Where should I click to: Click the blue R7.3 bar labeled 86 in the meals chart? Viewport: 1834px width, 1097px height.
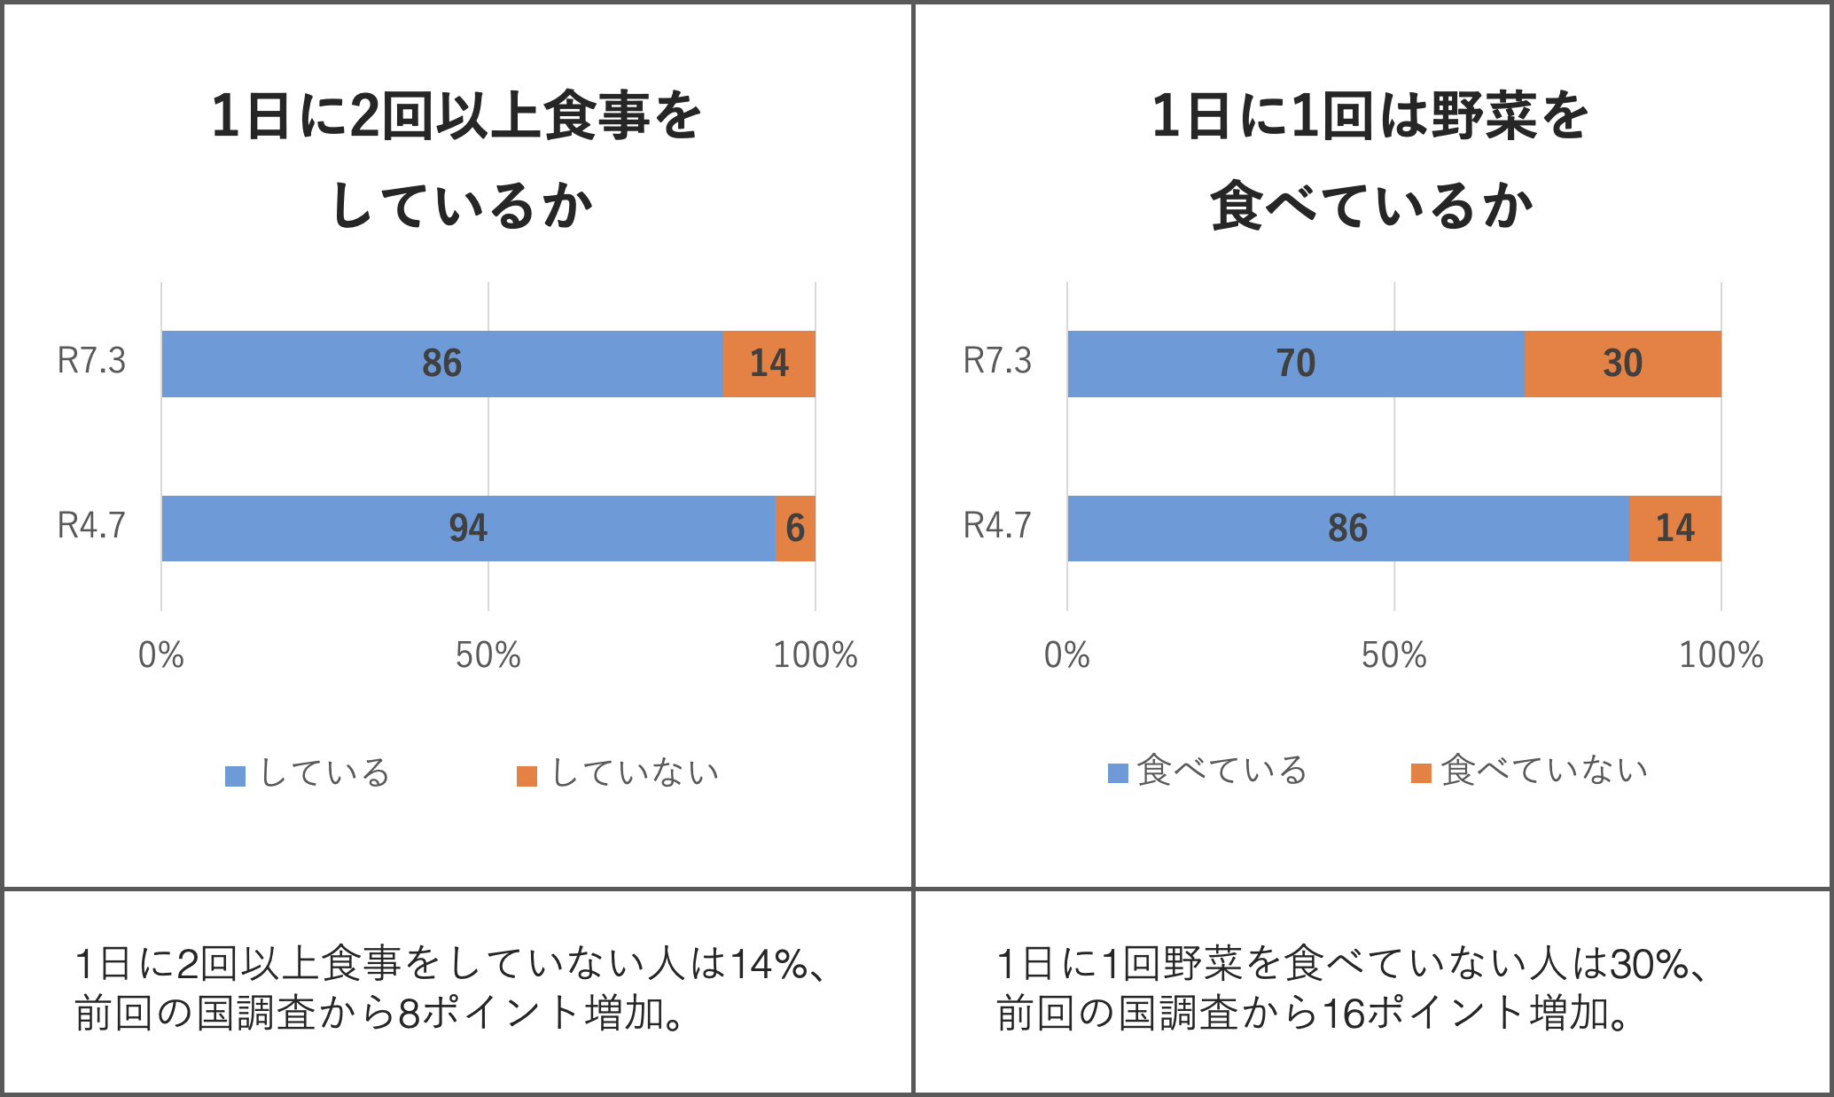coord(441,364)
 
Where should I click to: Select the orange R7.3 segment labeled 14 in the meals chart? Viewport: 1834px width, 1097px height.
coord(769,364)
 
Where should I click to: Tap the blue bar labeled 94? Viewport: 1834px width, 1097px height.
coord(468,529)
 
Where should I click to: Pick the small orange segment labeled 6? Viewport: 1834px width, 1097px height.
coord(795,529)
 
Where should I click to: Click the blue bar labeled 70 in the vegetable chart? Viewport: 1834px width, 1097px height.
coord(1295,364)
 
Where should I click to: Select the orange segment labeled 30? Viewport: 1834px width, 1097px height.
coord(1622,364)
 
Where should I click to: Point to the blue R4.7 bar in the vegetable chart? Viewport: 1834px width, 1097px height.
coord(1347,529)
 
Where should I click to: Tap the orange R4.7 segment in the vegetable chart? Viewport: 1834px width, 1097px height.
coord(1674,529)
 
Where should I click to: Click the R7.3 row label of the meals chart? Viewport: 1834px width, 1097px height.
coord(91,362)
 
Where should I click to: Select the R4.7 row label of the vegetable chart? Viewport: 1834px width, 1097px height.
coord(997,526)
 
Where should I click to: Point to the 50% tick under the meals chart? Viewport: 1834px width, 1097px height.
coord(488,655)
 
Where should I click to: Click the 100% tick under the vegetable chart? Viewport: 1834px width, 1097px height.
coord(1721,655)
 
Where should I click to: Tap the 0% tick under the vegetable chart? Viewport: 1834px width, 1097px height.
coord(1066,655)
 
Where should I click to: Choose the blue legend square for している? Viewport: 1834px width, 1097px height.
coord(235,776)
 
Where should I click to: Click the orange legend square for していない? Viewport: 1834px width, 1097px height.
coord(527,776)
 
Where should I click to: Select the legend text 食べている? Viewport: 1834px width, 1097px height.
coord(1221,771)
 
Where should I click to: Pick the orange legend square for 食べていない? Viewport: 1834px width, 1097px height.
coord(1421,773)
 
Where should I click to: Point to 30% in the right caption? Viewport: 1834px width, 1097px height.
coord(1649,964)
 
